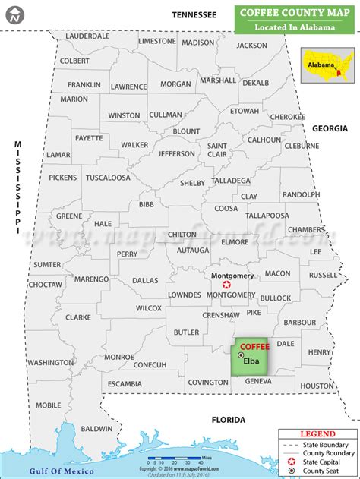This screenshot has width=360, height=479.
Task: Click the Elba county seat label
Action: coord(251,361)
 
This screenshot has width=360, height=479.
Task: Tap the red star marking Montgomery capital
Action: coord(226,284)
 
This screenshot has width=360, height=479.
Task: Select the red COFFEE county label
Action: coord(254,346)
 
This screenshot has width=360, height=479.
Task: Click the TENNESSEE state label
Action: coord(194,14)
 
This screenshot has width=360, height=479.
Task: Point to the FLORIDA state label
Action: coord(228,420)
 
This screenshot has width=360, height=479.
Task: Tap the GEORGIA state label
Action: coord(330,129)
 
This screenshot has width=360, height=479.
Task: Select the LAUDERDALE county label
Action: coord(88,36)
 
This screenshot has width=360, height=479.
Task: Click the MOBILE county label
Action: coord(48,405)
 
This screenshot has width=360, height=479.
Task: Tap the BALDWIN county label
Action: coord(96,429)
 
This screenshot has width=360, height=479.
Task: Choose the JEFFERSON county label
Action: coord(176,154)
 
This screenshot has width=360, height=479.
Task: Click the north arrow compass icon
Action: coord(13,13)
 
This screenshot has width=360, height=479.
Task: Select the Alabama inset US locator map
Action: coord(329,65)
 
